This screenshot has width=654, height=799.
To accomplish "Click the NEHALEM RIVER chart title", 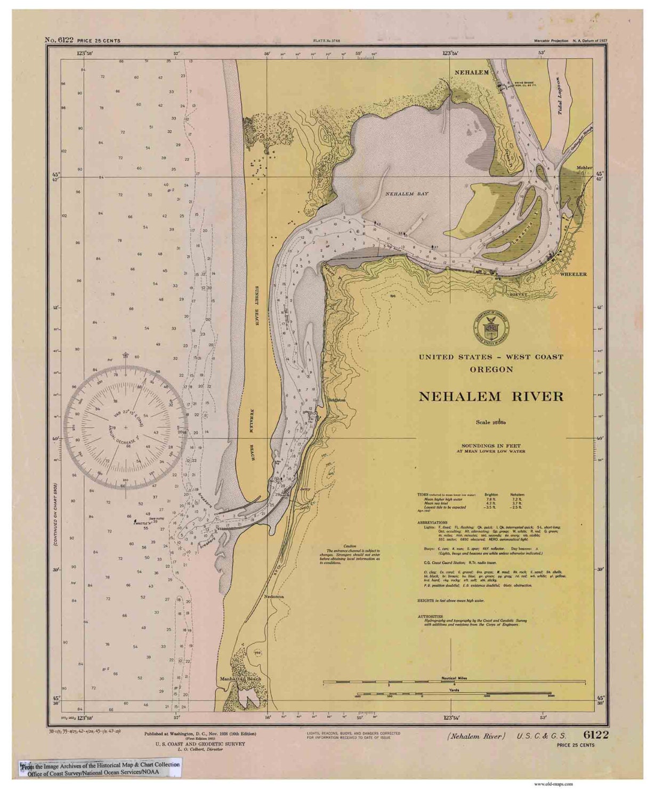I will [490, 397].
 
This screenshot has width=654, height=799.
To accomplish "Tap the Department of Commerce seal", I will [490, 326].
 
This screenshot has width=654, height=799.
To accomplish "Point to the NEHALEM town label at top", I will [471, 71].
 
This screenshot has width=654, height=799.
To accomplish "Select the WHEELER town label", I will [573, 274].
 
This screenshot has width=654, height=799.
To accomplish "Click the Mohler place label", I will [584, 168].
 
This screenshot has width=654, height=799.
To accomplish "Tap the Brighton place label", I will [337, 399].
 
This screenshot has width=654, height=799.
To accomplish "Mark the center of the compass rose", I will [125, 427].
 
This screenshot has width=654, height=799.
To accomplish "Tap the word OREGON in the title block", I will [491, 369].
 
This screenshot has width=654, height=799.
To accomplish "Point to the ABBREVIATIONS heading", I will [432, 523].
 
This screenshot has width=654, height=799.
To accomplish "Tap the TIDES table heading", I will [424, 494].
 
